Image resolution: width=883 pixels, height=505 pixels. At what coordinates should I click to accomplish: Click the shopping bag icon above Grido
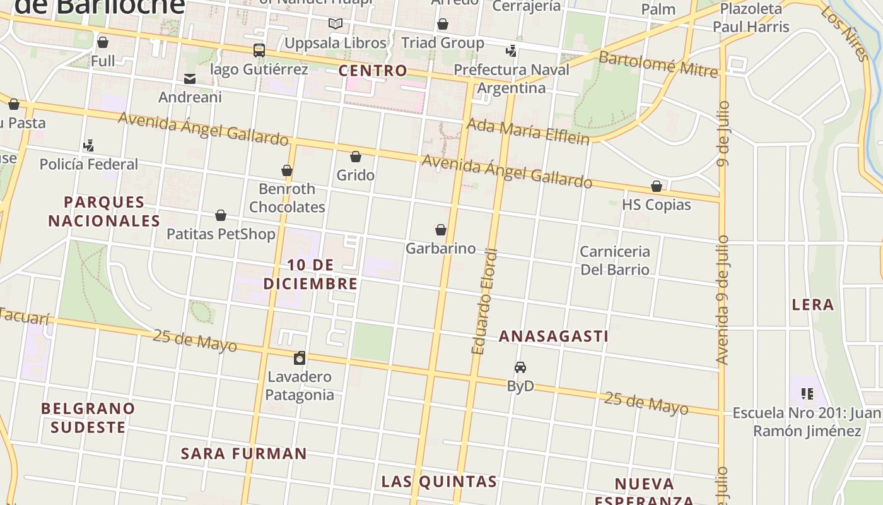point(356,157)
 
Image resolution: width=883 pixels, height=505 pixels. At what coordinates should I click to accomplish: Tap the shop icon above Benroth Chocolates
point(287,170)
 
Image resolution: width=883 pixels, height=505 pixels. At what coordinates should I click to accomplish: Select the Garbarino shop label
point(440,248)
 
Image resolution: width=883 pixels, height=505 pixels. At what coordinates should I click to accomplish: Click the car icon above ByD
point(520,367)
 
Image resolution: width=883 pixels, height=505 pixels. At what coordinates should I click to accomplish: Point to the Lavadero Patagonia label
point(299,386)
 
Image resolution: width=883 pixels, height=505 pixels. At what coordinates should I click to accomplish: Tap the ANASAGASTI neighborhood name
point(553,336)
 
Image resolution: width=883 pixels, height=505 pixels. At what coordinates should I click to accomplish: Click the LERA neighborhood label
point(813,305)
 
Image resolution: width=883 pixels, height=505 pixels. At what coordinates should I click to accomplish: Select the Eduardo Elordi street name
point(484,302)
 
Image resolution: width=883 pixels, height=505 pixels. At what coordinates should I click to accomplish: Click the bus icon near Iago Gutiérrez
point(259,50)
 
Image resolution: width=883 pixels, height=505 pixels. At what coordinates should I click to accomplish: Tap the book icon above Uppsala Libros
point(336,24)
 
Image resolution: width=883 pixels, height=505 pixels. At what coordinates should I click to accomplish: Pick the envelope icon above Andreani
point(190,79)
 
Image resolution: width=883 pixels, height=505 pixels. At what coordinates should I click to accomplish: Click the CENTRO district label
point(373,71)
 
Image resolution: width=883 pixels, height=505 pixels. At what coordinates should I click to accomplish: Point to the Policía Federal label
point(88,164)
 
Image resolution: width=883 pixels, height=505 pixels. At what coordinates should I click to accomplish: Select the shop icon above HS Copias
point(657,186)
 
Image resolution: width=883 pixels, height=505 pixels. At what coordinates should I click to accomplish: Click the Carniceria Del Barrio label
point(614,260)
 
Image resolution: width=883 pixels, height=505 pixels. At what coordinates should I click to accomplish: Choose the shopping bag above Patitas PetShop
point(221,216)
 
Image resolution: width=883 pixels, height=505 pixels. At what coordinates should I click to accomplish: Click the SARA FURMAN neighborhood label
point(244,454)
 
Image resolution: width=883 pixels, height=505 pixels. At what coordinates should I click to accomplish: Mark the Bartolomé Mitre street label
point(658,64)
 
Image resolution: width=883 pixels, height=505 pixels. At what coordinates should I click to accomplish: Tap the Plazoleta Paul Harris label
point(751,18)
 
